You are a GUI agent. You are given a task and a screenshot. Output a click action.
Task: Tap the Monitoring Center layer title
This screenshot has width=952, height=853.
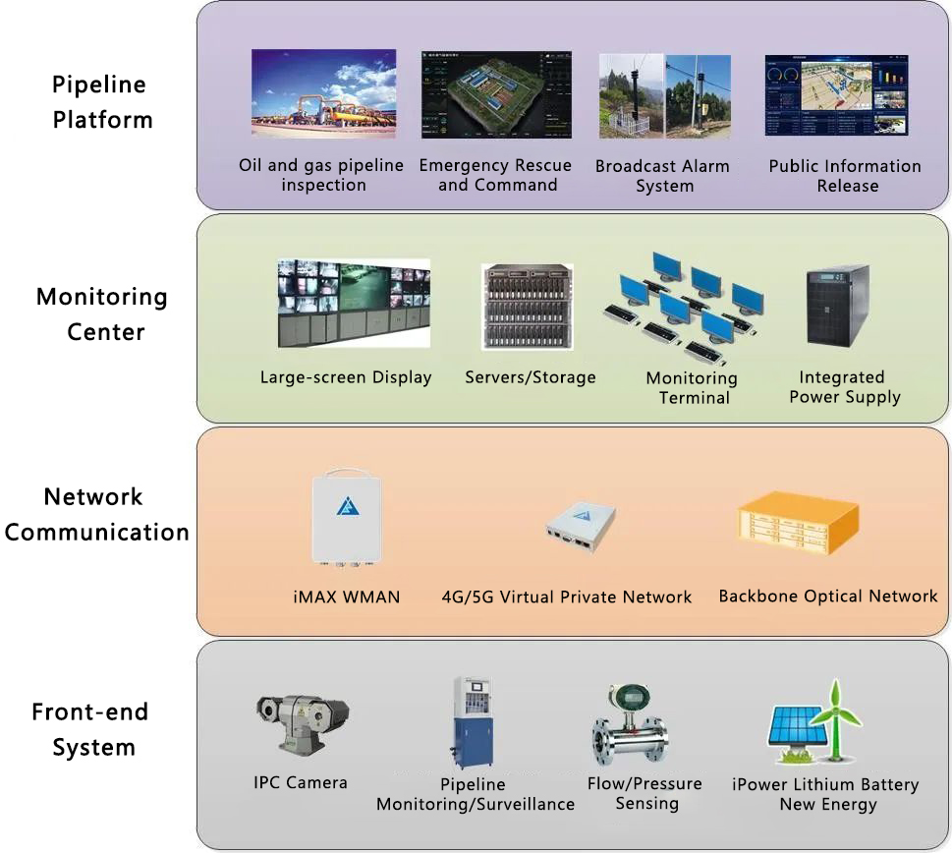[102, 314]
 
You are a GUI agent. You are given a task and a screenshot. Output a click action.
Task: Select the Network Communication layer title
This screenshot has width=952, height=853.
[96, 515]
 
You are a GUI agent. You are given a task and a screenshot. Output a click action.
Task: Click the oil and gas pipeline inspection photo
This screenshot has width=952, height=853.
[323, 93]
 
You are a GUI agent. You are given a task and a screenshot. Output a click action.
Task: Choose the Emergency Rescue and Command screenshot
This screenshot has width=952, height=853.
[495, 94]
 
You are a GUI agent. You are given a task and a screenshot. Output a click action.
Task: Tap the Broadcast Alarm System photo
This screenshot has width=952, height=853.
[664, 95]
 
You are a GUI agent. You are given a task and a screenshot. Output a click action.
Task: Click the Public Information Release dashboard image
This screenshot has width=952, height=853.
[836, 95]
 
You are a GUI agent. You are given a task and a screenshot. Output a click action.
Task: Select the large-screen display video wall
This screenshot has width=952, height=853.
[353, 304]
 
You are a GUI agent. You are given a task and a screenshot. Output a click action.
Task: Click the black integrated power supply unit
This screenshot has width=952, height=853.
[838, 305]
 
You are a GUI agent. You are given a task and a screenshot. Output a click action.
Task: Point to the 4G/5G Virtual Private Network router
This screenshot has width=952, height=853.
[580, 528]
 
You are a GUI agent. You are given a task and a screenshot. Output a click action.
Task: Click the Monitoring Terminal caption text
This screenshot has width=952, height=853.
[693, 388]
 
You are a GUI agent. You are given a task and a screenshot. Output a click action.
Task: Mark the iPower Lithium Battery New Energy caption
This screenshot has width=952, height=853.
[825, 794]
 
